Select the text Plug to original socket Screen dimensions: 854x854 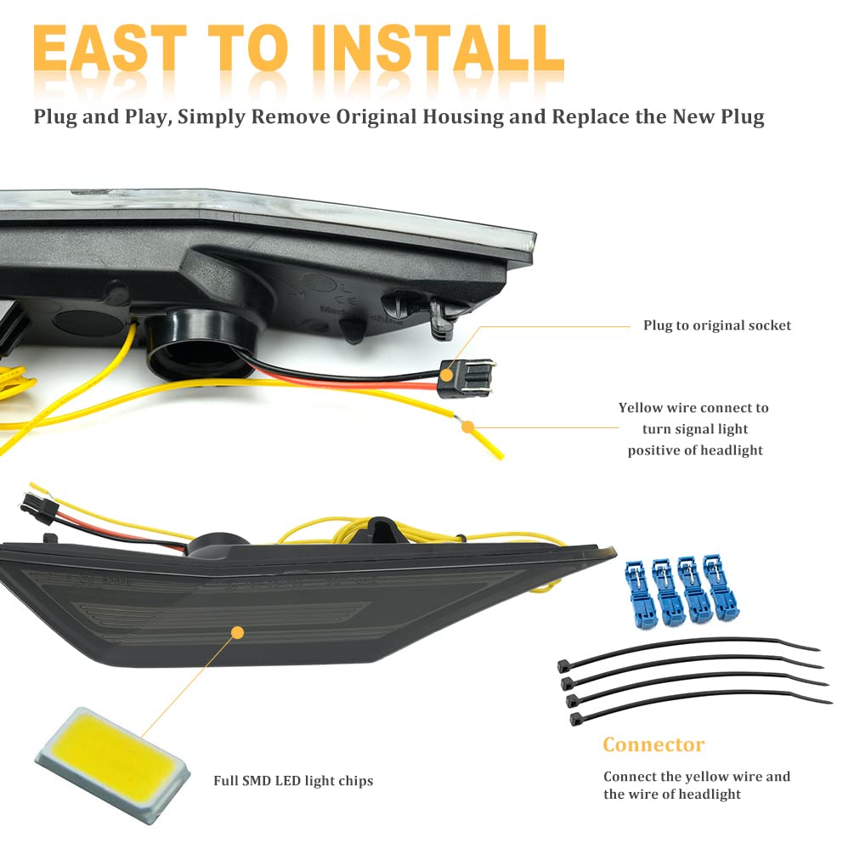tap(716, 325)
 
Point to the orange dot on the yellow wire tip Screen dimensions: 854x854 tap(467, 427)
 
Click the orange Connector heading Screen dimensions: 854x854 tap(653, 745)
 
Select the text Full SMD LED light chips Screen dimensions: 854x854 tap(293, 781)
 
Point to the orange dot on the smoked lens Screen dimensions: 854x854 tap(237, 632)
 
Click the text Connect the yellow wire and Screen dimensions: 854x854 tap(696, 776)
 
